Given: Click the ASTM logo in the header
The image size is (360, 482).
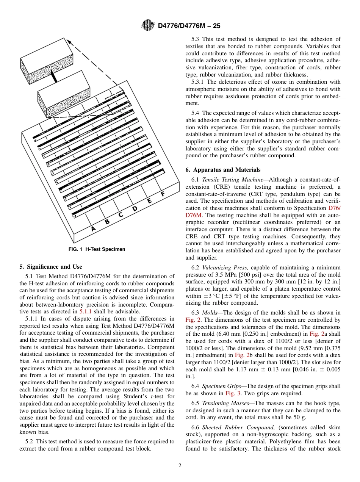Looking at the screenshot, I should pos(148,26).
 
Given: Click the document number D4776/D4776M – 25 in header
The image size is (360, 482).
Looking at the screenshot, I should pos(189,26).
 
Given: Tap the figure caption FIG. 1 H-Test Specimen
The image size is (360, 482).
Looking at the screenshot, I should pos(97,249).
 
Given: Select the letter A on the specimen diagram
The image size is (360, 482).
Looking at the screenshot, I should pos(93,228).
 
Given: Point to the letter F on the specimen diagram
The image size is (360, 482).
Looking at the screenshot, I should pos(163,194).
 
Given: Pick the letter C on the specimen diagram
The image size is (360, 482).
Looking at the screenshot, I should pos(121,215).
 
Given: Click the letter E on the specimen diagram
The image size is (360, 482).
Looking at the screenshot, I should pos(149,201).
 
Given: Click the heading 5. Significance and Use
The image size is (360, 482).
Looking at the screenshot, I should pos(51,267).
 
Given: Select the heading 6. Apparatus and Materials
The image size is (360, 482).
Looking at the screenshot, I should pos(223,170).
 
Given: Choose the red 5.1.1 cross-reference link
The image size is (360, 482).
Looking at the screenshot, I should pos(85,311).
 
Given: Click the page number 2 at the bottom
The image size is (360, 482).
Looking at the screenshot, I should pos(180,466).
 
